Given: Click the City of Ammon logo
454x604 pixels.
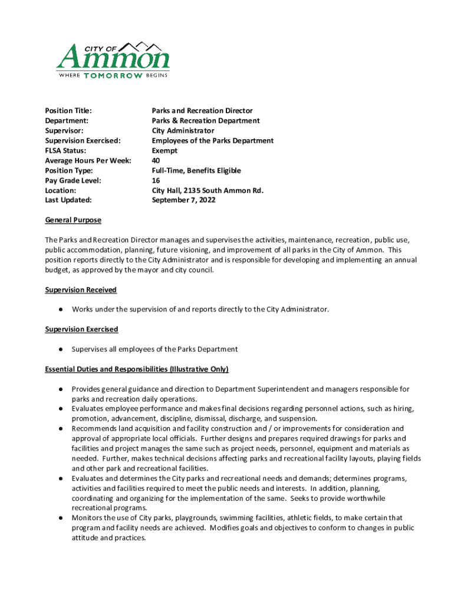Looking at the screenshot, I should coord(113,60).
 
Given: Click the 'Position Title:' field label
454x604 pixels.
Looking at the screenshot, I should coord(68,111).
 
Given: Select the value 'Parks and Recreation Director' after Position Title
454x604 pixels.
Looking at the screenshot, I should coord(202,111).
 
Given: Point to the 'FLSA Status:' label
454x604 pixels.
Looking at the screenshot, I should coord(65,150).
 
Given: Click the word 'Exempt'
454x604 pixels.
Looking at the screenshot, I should coord(165,150).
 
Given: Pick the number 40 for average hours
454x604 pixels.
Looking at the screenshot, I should coord(156,160).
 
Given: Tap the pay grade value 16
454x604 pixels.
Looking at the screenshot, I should coord(156,180).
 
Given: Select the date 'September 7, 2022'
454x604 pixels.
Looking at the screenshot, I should coord(183,200).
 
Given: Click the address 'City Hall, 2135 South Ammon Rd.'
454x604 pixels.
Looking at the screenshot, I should coord(208,191).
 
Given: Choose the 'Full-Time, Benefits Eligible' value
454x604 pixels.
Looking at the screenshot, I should coord(196,170).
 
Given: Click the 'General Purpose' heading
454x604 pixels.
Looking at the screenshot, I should coord(73,220).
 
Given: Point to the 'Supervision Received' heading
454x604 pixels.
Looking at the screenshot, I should coord(81,290).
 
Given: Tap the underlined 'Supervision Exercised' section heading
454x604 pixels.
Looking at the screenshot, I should coord(81,329).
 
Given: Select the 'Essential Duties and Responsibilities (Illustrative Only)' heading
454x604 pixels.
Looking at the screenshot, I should coord(137,369).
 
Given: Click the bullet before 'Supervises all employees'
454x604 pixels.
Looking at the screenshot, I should coord(61,349).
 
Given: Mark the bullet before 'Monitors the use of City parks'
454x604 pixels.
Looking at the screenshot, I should coord(61,518).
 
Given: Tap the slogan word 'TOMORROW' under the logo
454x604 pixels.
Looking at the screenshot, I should coord(113,75).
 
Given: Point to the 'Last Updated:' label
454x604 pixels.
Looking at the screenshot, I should coord(68,200).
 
